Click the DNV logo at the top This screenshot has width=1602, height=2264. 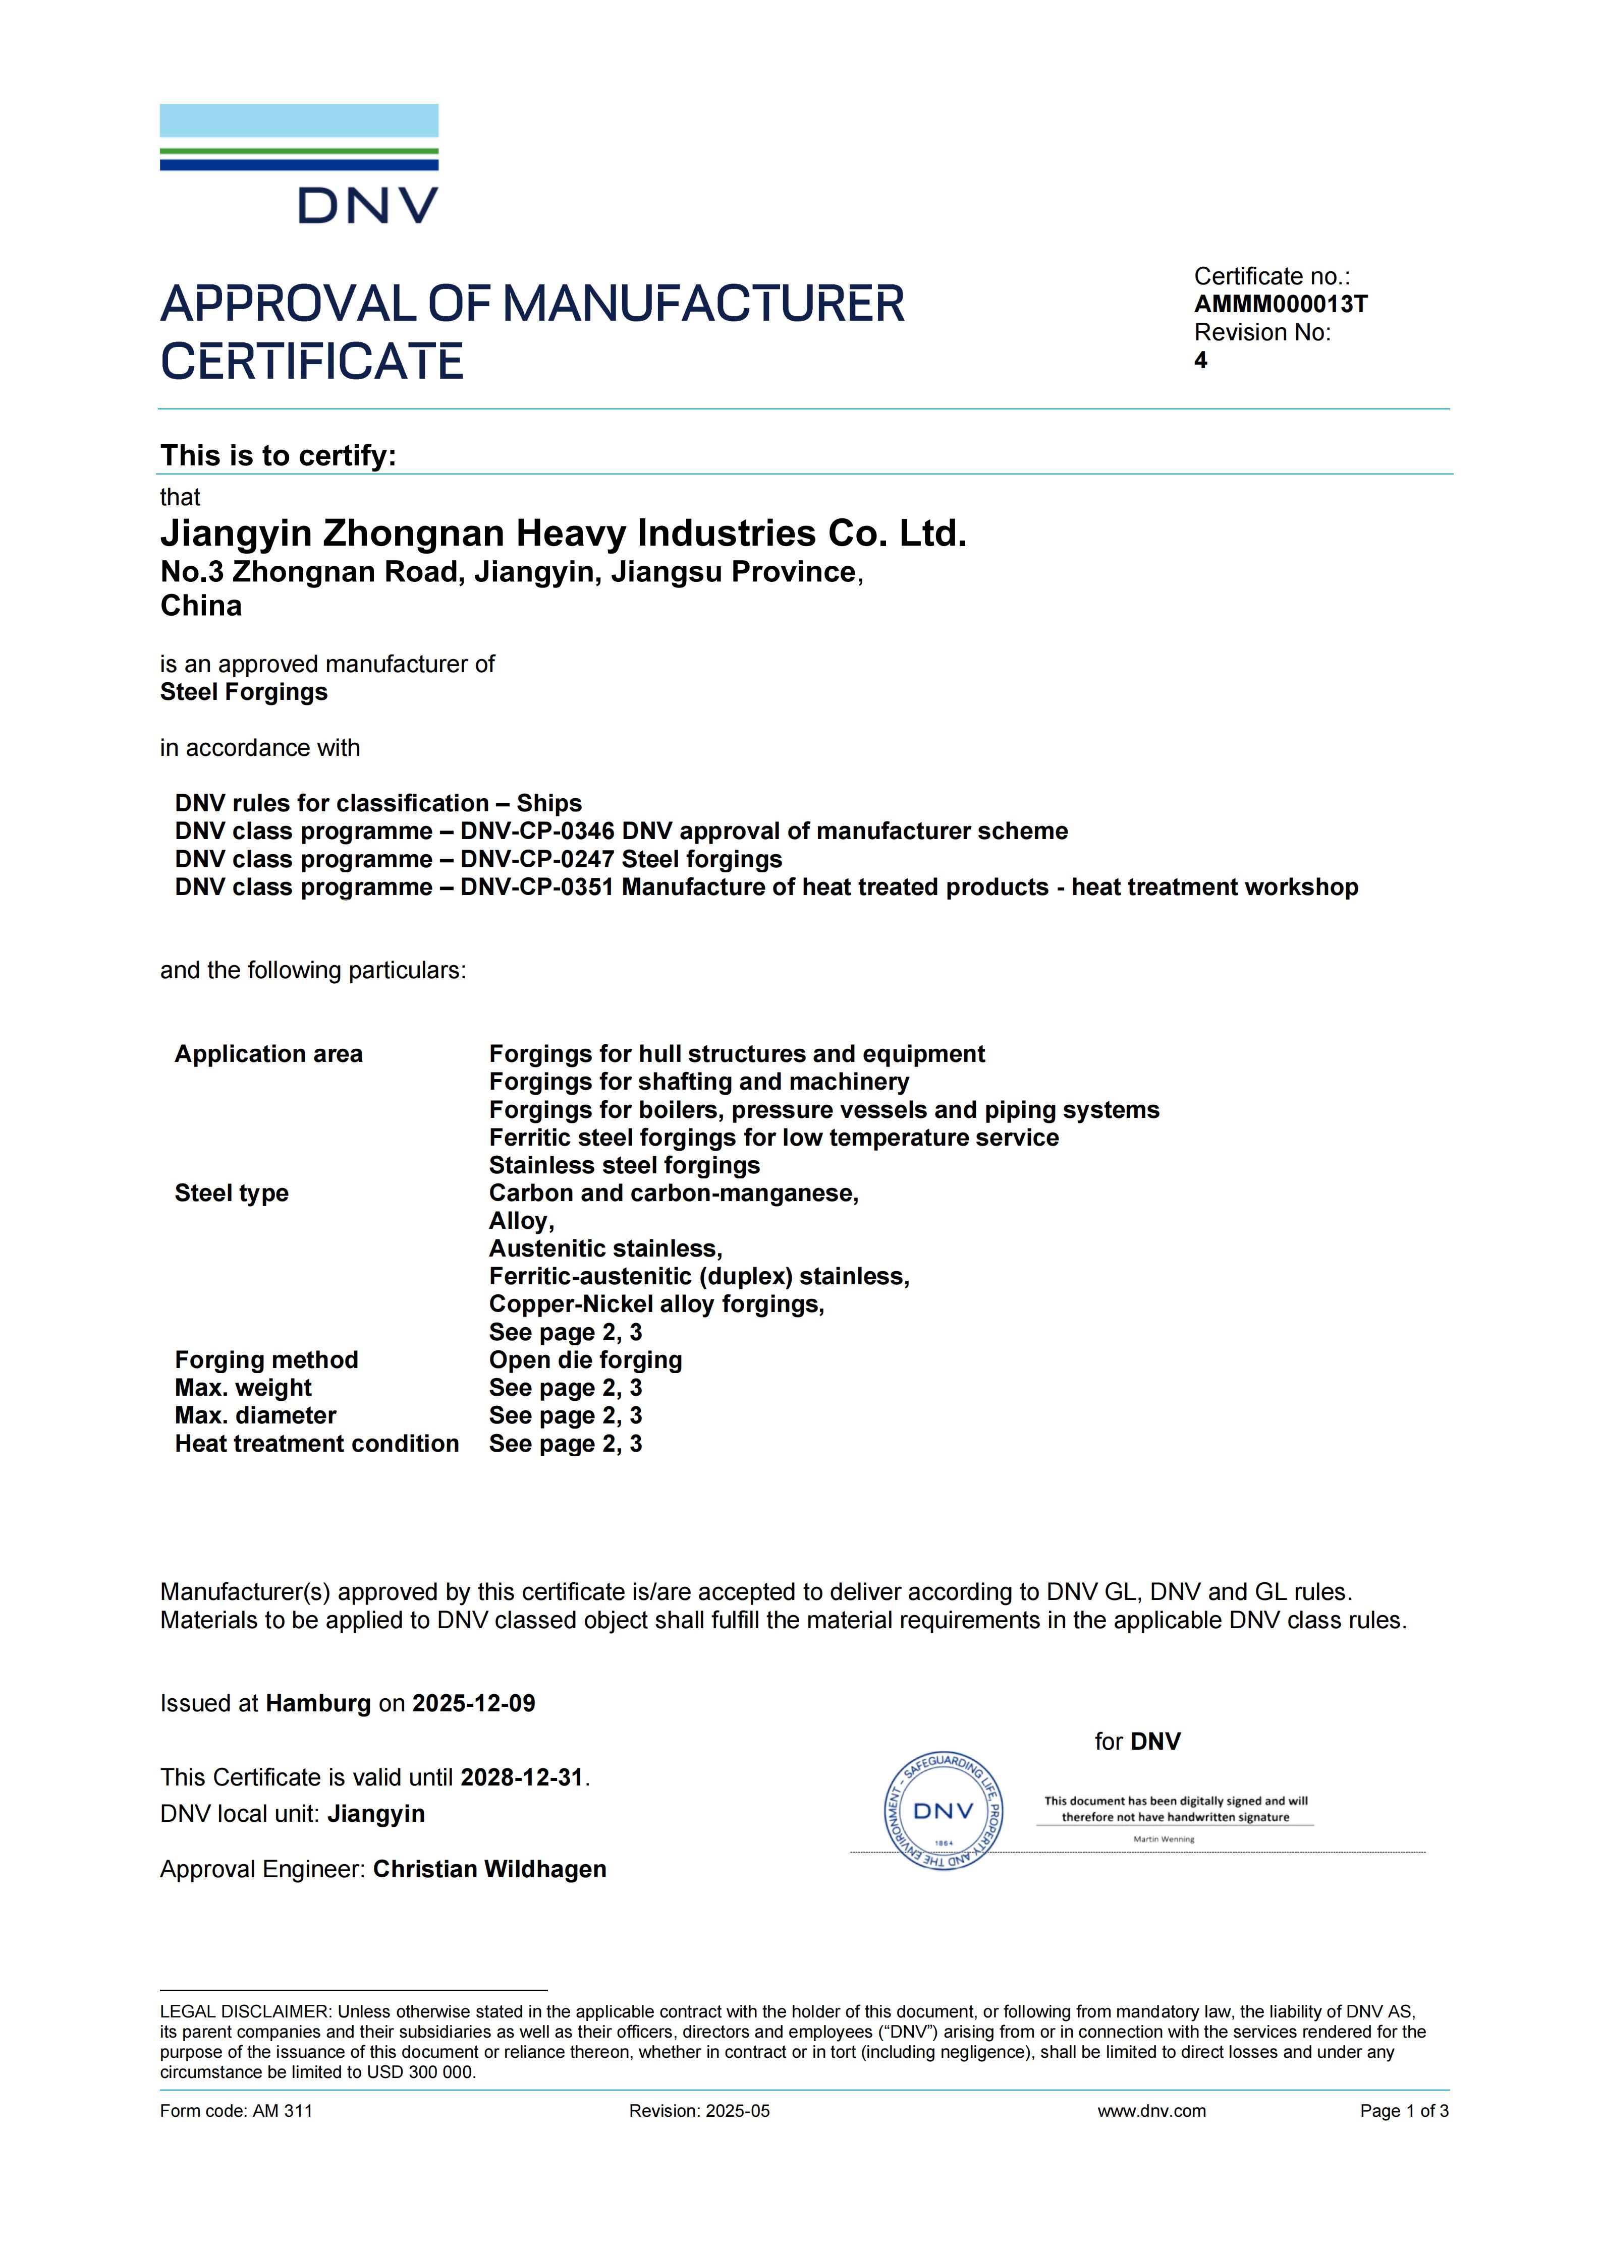tap(299, 164)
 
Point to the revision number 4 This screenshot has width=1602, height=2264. tap(1200, 361)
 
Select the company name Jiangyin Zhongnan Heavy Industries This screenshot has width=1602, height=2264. tap(562, 533)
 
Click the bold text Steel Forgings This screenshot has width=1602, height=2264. tap(244, 692)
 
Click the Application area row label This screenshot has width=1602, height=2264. tap(268, 1054)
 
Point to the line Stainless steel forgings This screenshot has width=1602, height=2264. tap(625, 1165)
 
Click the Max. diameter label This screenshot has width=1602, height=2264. tap(255, 1416)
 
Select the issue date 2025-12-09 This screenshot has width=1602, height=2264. tap(473, 1704)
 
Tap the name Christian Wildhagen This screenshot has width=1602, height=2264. tap(489, 1870)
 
